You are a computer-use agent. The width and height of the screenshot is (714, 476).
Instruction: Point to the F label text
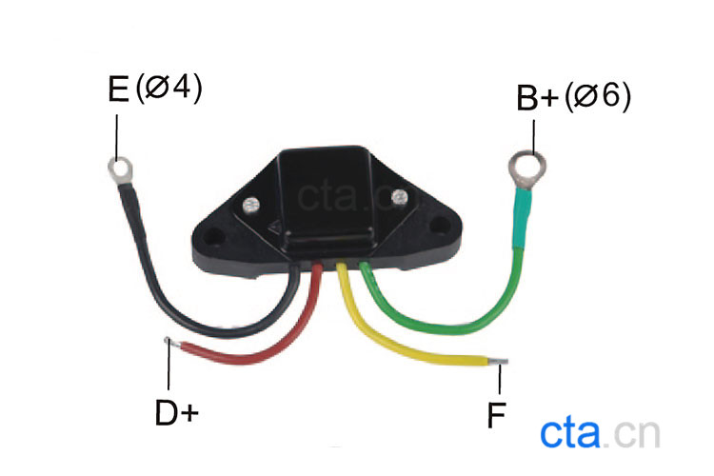(x=495, y=415)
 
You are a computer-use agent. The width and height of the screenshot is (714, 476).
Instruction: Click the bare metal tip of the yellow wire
(x=501, y=362)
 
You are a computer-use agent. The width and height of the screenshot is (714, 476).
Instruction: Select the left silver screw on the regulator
(x=252, y=205)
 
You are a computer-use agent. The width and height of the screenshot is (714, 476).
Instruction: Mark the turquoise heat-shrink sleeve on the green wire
(x=522, y=214)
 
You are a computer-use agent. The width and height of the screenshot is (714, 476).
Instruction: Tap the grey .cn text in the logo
(x=634, y=434)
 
